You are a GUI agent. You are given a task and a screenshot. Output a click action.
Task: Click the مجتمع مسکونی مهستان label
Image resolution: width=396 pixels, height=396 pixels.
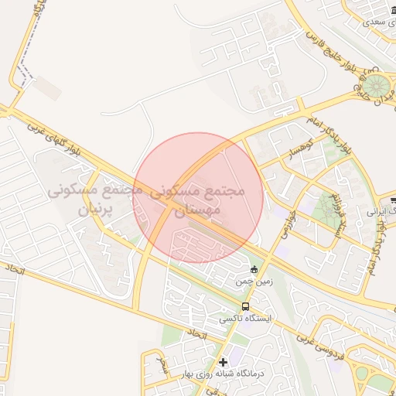click(x=198, y=199)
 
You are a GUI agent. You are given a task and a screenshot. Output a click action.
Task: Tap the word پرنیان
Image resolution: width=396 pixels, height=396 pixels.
click(x=97, y=209)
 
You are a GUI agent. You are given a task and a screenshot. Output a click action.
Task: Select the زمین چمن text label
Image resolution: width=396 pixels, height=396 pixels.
click(x=254, y=283)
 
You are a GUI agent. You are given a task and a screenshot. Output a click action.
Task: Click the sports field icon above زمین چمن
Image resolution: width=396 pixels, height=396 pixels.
click(x=254, y=269)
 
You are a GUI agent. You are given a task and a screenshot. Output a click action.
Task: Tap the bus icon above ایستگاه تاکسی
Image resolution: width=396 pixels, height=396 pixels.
click(x=244, y=306)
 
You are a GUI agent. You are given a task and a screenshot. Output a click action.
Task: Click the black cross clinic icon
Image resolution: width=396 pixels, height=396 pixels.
click(x=224, y=361)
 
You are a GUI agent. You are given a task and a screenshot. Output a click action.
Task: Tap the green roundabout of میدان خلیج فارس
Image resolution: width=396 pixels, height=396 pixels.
click(x=377, y=85)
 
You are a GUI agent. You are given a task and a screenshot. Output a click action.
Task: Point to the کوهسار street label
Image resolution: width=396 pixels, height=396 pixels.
click(x=297, y=146)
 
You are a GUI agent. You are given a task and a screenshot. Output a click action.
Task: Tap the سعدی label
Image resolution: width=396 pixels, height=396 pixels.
click(x=374, y=21)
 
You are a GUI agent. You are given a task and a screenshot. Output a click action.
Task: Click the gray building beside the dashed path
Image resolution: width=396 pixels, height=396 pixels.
click(x=49, y=89)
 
